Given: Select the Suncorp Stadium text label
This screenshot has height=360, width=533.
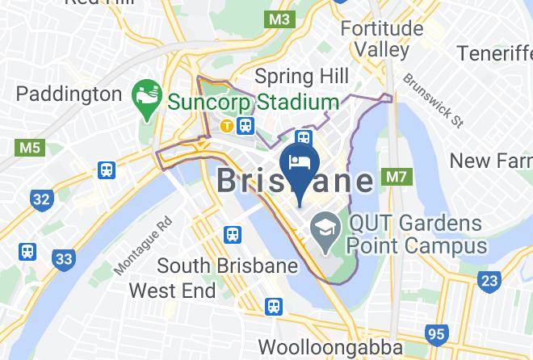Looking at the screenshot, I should (x=253, y=103).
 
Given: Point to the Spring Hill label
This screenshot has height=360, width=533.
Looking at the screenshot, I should (x=301, y=77).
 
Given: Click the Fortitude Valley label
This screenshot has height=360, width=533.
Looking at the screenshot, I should (x=382, y=39).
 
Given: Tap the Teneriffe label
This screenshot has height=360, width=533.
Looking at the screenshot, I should (x=493, y=53).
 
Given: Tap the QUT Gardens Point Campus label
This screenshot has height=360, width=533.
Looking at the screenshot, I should (x=418, y=234).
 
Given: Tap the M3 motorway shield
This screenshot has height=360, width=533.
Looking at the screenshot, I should (x=280, y=18).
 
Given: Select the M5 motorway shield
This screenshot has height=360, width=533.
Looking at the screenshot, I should (x=27, y=148).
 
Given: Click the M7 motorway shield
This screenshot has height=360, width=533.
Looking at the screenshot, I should (x=396, y=176).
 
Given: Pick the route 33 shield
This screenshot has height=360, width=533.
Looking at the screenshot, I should (x=62, y=261).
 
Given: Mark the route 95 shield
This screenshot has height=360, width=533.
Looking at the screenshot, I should (x=438, y=334).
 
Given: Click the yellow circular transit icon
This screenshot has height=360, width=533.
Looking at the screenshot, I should (x=229, y=125).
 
